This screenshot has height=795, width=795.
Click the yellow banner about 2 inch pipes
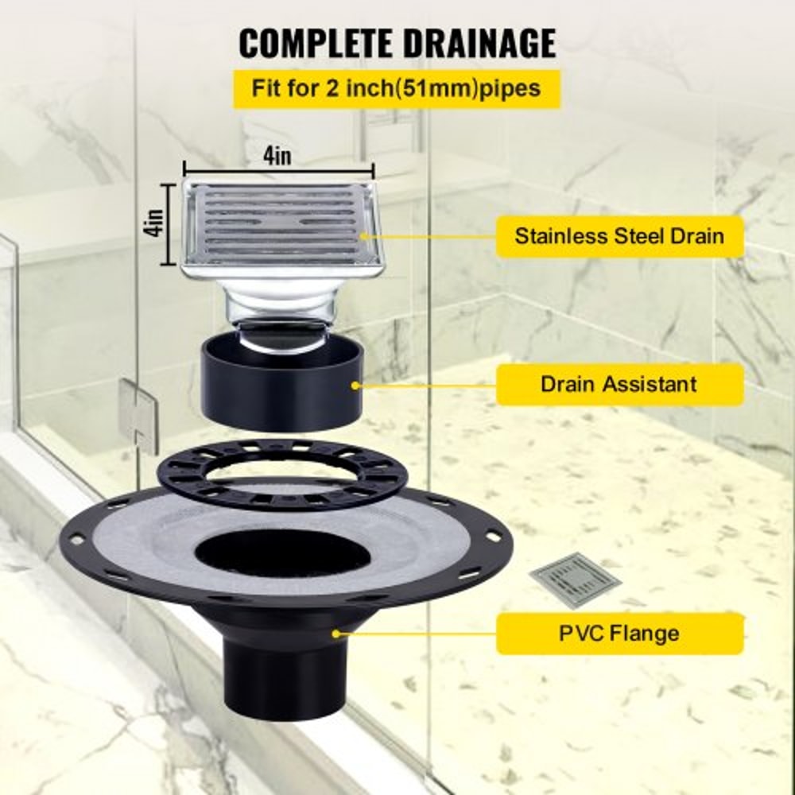(397, 88)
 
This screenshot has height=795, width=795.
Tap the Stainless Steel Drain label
(619, 236)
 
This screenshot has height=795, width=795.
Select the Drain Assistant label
(619, 384)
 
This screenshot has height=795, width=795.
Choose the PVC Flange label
(619, 634)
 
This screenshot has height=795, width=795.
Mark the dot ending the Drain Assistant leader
(355, 385)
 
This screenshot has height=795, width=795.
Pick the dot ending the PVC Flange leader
(336, 634)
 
